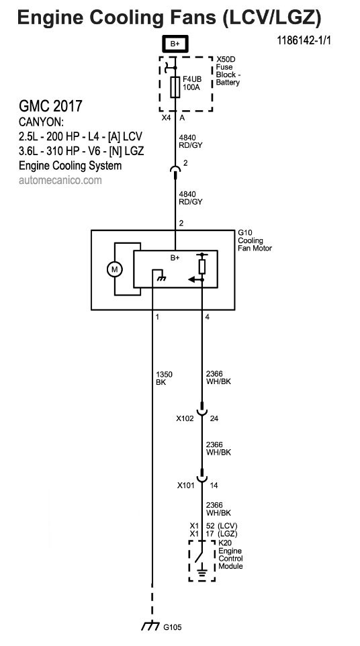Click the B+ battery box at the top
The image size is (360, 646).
click(x=175, y=44)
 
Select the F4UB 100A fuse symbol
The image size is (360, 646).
click(x=175, y=87)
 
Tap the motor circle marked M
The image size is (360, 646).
click(x=115, y=269)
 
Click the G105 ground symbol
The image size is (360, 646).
click(x=150, y=627)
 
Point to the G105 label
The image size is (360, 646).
click(x=172, y=627)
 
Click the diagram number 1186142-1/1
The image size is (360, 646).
click(x=304, y=40)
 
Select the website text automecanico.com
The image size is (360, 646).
click(x=60, y=180)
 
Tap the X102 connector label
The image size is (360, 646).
click(x=185, y=418)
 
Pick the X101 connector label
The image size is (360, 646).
click(x=186, y=486)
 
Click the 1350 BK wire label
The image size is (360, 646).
click(x=164, y=378)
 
